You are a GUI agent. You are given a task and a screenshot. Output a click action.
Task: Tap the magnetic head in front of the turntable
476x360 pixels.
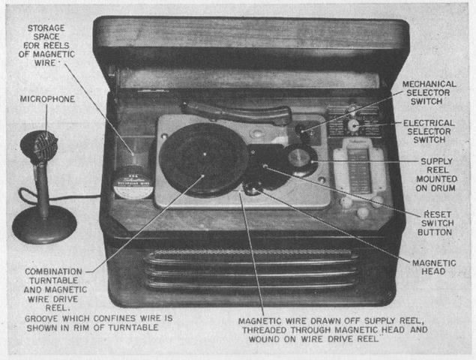(253, 187)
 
